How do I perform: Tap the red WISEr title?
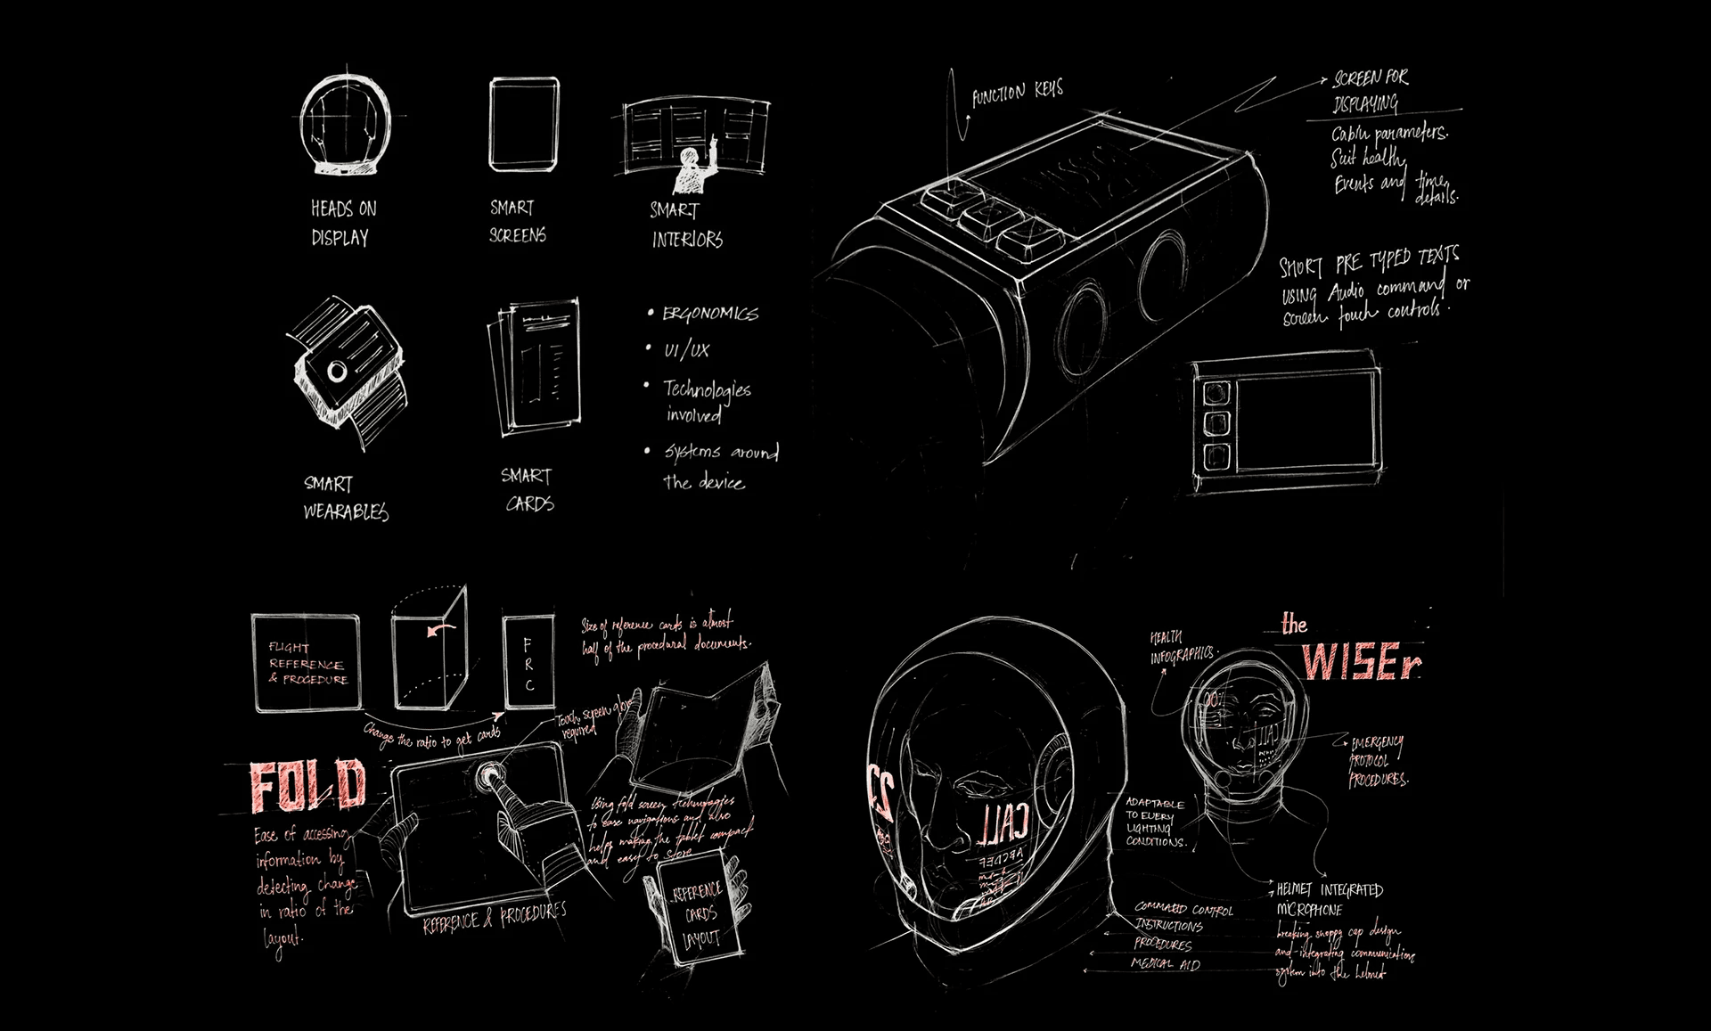click(x=1360, y=660)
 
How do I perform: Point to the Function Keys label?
click(x=1017, y=93)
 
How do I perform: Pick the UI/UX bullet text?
click(x=686, y=350)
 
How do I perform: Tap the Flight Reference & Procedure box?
click(x=307, y=662)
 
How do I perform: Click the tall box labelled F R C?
click(x=528, y=662)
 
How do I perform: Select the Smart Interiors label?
click(x=686, y=225)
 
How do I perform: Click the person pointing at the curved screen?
click(x=690, y=170)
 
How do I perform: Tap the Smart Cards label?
click(x=528, y=489)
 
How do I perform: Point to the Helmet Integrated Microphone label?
click(x=1328, y=899)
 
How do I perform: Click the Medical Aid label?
click(x=1166, y=964)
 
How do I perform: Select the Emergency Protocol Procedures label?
click(x=1378, y=761)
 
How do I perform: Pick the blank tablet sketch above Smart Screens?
click(x=525, y=124)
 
